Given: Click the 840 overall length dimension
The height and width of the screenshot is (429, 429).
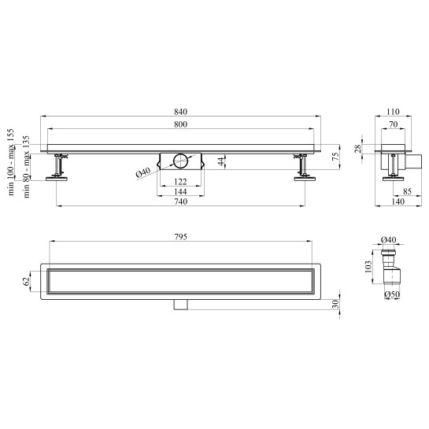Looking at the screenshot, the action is coord(180,112).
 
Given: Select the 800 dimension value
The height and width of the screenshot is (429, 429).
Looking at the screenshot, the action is coord(180,124).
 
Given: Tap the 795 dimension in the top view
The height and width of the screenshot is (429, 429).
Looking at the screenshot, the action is coord(180,237).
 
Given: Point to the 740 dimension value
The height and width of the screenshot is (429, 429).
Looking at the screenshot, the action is coord(180,202).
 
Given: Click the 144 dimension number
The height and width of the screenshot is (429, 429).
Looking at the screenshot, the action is coord(180,191).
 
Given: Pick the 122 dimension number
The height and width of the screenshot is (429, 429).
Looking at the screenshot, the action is coord(180,182).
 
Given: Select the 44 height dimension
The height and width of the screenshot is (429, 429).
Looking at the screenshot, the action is coord(222,161).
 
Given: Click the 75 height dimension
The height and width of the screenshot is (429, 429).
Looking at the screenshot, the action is coord(335,156).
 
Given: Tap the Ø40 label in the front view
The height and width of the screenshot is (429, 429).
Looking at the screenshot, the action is coord(143,173).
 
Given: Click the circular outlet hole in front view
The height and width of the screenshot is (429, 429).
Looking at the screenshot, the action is coord(180,161).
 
